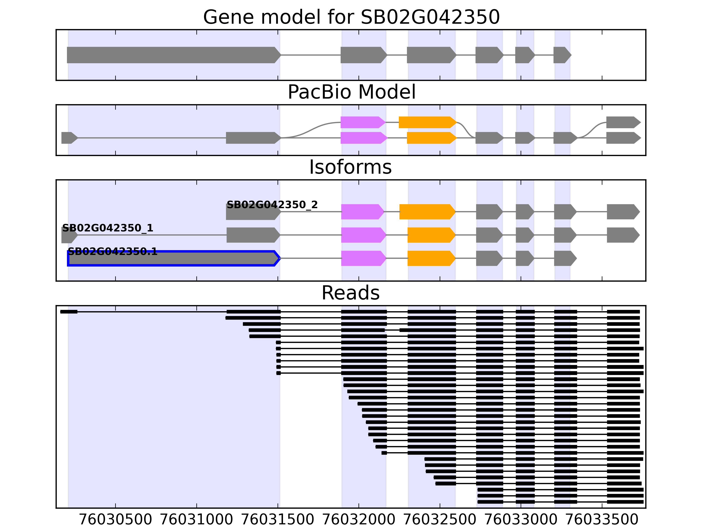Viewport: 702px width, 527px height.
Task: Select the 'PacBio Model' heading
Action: (351, 92)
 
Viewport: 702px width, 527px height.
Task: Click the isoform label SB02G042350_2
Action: (272, 205)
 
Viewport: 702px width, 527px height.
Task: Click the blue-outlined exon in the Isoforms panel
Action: (173, 258)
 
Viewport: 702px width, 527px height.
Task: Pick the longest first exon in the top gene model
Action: (173, 55)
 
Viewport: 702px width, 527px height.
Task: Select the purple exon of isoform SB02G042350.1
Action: (363, 258)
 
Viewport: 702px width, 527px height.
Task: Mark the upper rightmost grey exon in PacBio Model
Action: (623, 122)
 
